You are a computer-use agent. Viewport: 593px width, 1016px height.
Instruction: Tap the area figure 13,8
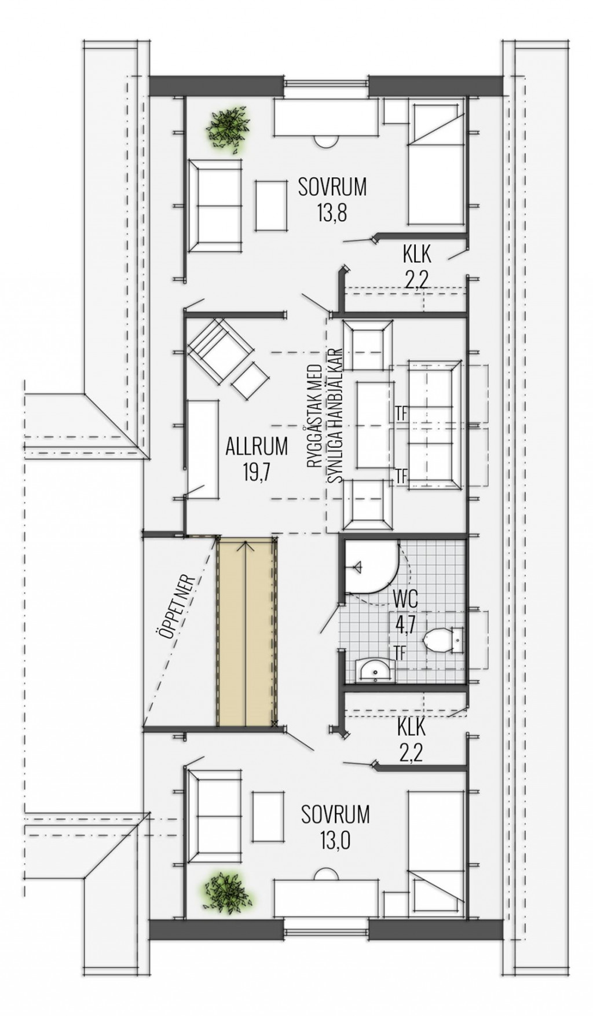(332, 214)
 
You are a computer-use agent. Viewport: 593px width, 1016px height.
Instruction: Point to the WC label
(405, 598)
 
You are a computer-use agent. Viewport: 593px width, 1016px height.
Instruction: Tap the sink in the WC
(374, 671)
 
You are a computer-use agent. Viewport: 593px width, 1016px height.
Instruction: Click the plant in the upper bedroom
(229, 129)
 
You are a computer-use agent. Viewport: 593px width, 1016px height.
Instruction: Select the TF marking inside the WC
(400, 651)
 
